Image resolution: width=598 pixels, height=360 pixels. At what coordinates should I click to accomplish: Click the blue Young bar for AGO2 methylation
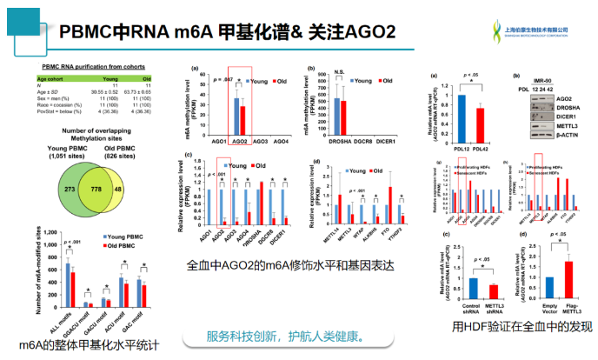pyautogui.click(x=236, y=114)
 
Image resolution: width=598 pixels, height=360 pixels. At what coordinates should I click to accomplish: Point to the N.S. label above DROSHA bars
pyautogui.click(x=339, y=73)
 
